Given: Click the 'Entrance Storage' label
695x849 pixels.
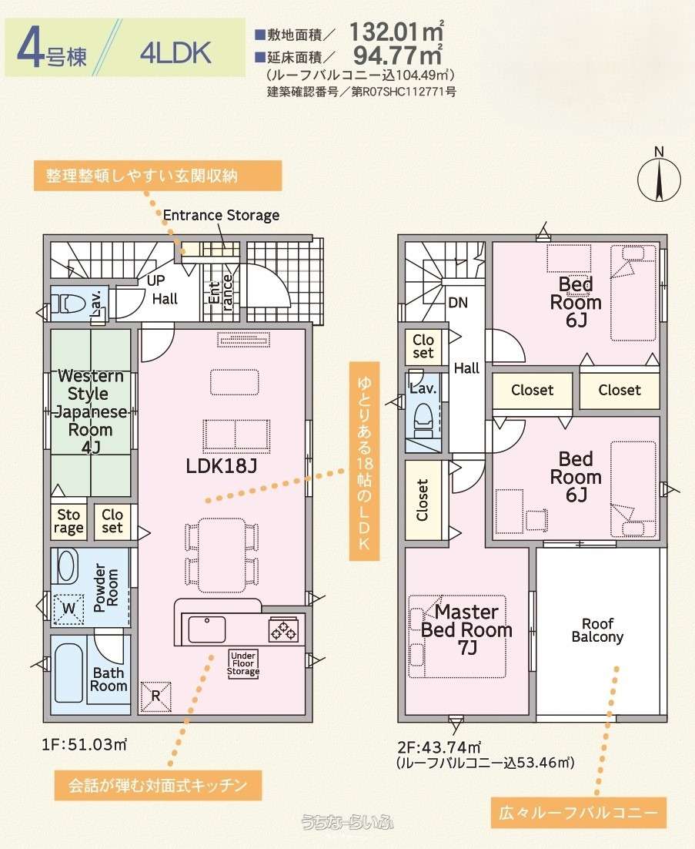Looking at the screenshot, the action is click(x=221, y=216).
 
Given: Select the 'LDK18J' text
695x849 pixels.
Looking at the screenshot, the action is click(x=221, y=465).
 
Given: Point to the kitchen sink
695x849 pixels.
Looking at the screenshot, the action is click(x=207, y=629).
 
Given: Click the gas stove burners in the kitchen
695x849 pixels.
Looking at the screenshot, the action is click(x=283, y=630).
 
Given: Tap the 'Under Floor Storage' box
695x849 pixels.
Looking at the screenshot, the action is click(x=243, y=664).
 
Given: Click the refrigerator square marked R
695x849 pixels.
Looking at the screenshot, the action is click(x=155, y=696).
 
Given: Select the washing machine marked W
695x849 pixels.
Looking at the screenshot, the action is click(x=68, y=609).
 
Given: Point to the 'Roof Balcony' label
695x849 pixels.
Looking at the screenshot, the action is click(x=598, y=630).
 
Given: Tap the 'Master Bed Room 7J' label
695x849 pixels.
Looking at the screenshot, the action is click(x=466, y=629).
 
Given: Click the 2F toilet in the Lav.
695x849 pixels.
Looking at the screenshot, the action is click(x=423, y=419).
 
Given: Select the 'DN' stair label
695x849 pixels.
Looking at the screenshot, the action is click(x=458, y=303).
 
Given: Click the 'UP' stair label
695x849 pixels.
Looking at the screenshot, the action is click(x=155, y=280).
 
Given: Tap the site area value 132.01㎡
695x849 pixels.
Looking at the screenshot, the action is click(x=396, y=32).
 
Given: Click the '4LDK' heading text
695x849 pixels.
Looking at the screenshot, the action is click(x=175, y=53).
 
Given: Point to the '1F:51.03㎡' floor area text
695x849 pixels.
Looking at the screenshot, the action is click(x=85, y=744).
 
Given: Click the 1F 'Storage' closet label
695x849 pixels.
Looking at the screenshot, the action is click(x=68, y=522).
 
